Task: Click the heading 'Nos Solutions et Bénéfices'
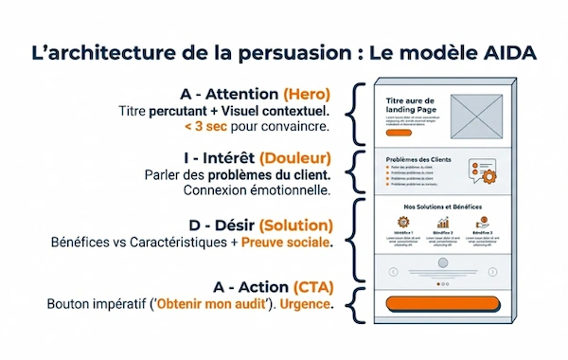[x=444, y=205]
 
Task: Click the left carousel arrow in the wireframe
[x=392, y=271]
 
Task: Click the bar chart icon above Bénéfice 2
[x=443, y=223]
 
